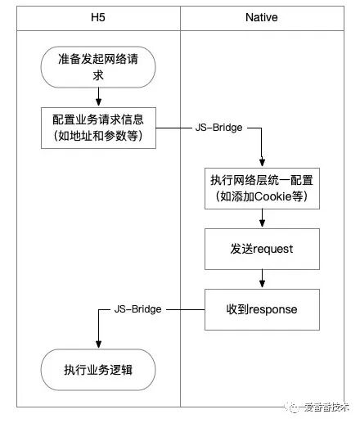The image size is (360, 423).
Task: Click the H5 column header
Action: click(x=98, y=16)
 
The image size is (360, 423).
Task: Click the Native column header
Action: click(x=261, y=16)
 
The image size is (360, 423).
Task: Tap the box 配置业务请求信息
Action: click(x=98, y=128)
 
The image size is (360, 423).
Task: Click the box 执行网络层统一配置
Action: click(x=262, y=188)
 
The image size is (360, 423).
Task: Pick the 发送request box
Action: click(x=261, y=249)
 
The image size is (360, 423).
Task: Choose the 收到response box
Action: click(x=261, y=310)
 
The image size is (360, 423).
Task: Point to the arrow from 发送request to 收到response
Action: click(x=261, y=279)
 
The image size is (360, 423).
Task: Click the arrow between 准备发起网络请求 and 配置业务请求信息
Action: click(x=98, y=97)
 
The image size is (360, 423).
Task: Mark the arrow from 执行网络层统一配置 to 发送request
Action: click(x=261, y=218)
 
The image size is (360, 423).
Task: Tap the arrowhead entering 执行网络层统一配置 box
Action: click(x=261, y=163)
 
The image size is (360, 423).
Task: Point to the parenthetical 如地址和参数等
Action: click(x=98, y=137)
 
